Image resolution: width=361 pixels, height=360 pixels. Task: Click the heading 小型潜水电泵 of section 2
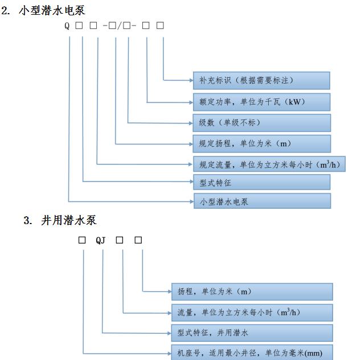[52, 11]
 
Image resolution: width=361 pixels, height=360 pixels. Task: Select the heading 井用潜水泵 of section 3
[69, 220]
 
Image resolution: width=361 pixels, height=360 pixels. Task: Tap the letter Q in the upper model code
[67, 26]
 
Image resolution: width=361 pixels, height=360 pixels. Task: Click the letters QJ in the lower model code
[101, 241]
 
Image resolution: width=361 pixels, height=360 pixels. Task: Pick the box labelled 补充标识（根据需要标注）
[261, 80]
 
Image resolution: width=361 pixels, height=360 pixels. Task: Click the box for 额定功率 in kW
[261, 102]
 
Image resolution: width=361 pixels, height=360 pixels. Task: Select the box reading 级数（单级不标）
[262, 123]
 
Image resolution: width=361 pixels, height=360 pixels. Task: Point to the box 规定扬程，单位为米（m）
[262, 144]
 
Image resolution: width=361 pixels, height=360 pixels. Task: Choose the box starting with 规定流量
[269, 164]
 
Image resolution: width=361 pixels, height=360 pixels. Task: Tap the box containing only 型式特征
[262, 182]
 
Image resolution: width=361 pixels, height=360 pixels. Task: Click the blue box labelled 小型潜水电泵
[262, 201]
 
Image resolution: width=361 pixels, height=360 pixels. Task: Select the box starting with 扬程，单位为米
[252, 292]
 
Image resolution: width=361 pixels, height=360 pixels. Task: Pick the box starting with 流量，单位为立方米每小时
[252, 313]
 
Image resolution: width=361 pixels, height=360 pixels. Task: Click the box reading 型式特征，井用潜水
[252, 333]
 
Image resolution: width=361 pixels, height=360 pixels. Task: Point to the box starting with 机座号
[252, 353]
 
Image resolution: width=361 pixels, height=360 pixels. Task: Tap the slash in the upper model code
[119, 26]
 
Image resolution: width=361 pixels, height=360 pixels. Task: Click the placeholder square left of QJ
[82, 240]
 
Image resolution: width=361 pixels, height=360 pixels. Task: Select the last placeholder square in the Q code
[160, 25]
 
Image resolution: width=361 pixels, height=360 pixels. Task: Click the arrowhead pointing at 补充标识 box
[191, 80]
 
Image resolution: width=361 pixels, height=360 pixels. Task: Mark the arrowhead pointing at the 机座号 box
[170, 354]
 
